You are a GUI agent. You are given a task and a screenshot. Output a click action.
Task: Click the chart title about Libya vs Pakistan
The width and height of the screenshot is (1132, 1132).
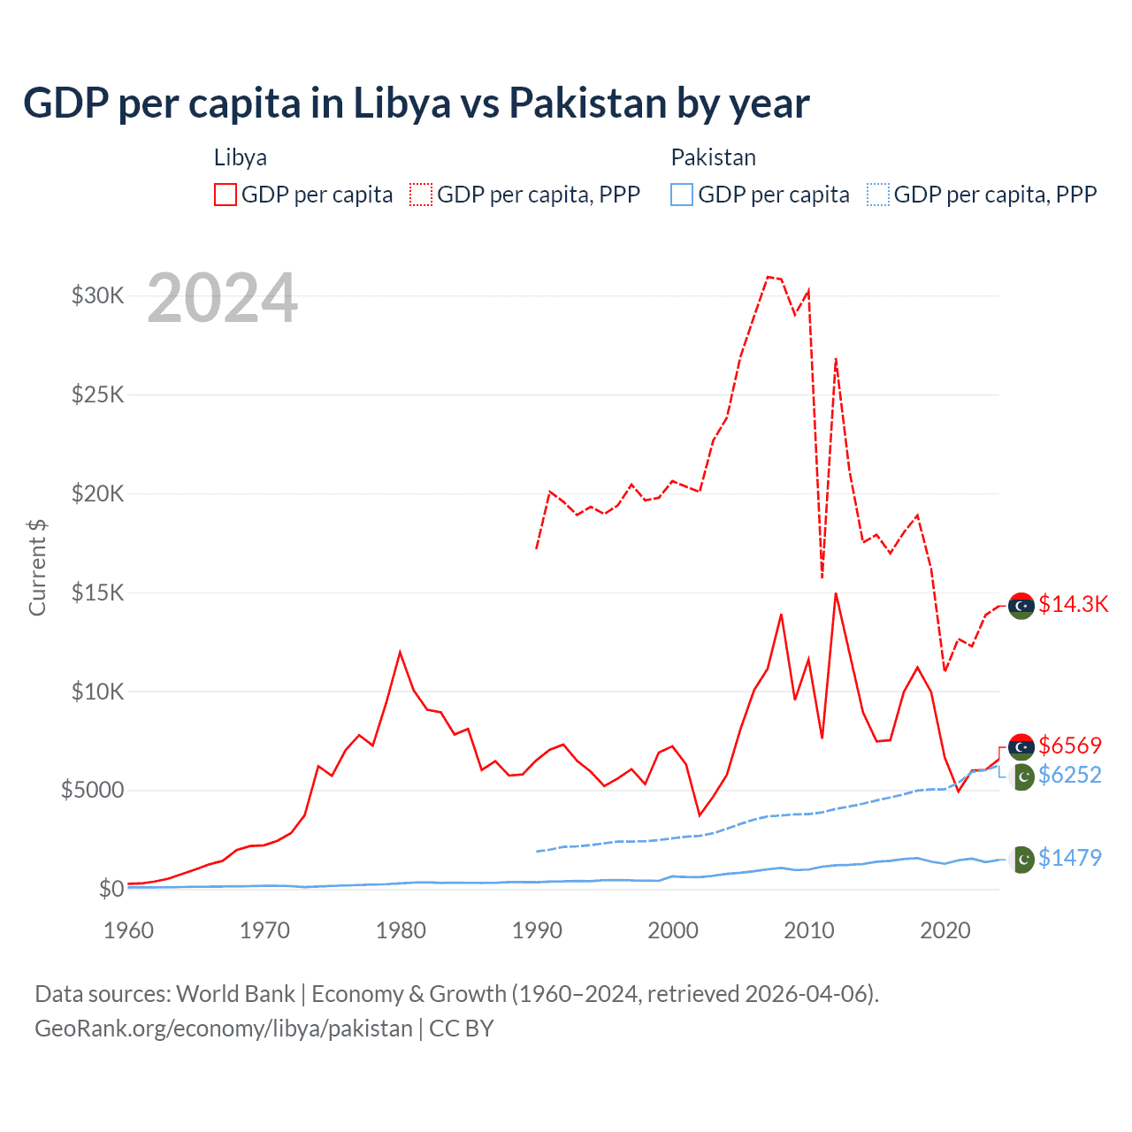point(416,103)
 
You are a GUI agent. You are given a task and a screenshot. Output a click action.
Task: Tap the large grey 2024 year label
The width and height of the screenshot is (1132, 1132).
point(222,299)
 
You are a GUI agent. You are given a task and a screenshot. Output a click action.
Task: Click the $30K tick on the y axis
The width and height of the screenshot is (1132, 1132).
point(98,295)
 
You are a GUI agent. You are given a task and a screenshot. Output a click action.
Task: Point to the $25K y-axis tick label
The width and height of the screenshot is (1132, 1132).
point(98,394)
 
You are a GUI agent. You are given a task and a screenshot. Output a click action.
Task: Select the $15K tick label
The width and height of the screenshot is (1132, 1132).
point(98,593)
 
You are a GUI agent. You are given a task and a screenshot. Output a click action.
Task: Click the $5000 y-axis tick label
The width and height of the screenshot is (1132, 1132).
point(93,790)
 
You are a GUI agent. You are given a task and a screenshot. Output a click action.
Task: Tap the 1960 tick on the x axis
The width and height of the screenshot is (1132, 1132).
point(129,930)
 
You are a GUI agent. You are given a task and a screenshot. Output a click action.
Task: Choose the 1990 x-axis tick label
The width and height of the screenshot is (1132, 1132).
point(537,930)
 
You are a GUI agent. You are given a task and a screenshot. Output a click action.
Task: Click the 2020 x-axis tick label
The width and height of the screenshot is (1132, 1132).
point(945,930)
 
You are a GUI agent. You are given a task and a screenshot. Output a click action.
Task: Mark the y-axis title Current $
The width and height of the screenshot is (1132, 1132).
point(37,567)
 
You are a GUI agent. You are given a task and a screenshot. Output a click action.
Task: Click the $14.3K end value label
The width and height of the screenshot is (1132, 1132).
point(1073,604)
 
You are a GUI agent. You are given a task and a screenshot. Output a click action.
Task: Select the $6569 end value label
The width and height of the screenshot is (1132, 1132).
point(1070,746)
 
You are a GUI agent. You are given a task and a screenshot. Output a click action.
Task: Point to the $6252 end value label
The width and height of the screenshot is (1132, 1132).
point(1070,776)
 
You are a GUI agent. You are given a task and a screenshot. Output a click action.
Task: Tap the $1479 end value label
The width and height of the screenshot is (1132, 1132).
point(1070,858)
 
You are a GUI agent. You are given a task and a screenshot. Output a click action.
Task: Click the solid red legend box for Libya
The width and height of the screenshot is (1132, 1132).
point(226,195)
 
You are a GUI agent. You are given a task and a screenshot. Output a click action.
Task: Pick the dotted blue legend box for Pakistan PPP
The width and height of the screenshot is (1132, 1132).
point(878,195)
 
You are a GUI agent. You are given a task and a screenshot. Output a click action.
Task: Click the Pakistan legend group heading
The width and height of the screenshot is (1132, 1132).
point(713,157)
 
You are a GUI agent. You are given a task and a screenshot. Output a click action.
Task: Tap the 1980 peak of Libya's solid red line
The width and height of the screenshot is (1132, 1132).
point(400,653)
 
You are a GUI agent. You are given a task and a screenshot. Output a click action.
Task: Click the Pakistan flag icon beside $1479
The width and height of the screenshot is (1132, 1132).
point(1021,860)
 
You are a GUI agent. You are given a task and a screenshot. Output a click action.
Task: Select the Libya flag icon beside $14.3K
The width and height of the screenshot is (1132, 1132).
point(1021,606)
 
